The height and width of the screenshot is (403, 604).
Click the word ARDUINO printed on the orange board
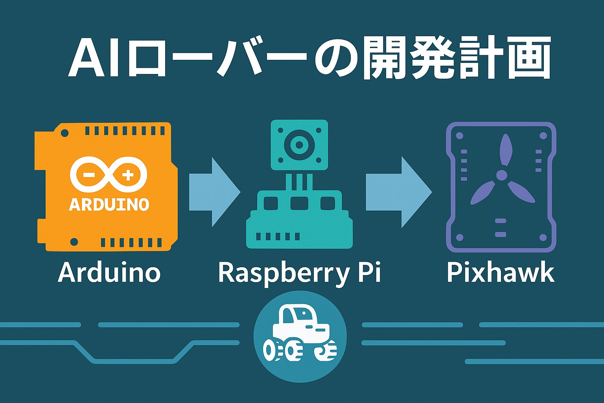pos(109,204)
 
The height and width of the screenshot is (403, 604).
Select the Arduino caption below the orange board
pos(109,272)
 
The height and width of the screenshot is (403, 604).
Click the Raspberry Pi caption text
pos(300,272)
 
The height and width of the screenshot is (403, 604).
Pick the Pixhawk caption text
pos(500,272)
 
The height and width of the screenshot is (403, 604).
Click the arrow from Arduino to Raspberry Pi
pos(214,192)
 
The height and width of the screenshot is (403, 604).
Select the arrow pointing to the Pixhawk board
pos(398,192)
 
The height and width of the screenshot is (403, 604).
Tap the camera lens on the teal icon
pos(299,145)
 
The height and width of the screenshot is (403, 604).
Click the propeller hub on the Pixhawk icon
pos(501,175)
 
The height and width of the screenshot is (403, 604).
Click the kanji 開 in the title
pos(383,58)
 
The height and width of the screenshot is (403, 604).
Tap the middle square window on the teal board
pos(299,203)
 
